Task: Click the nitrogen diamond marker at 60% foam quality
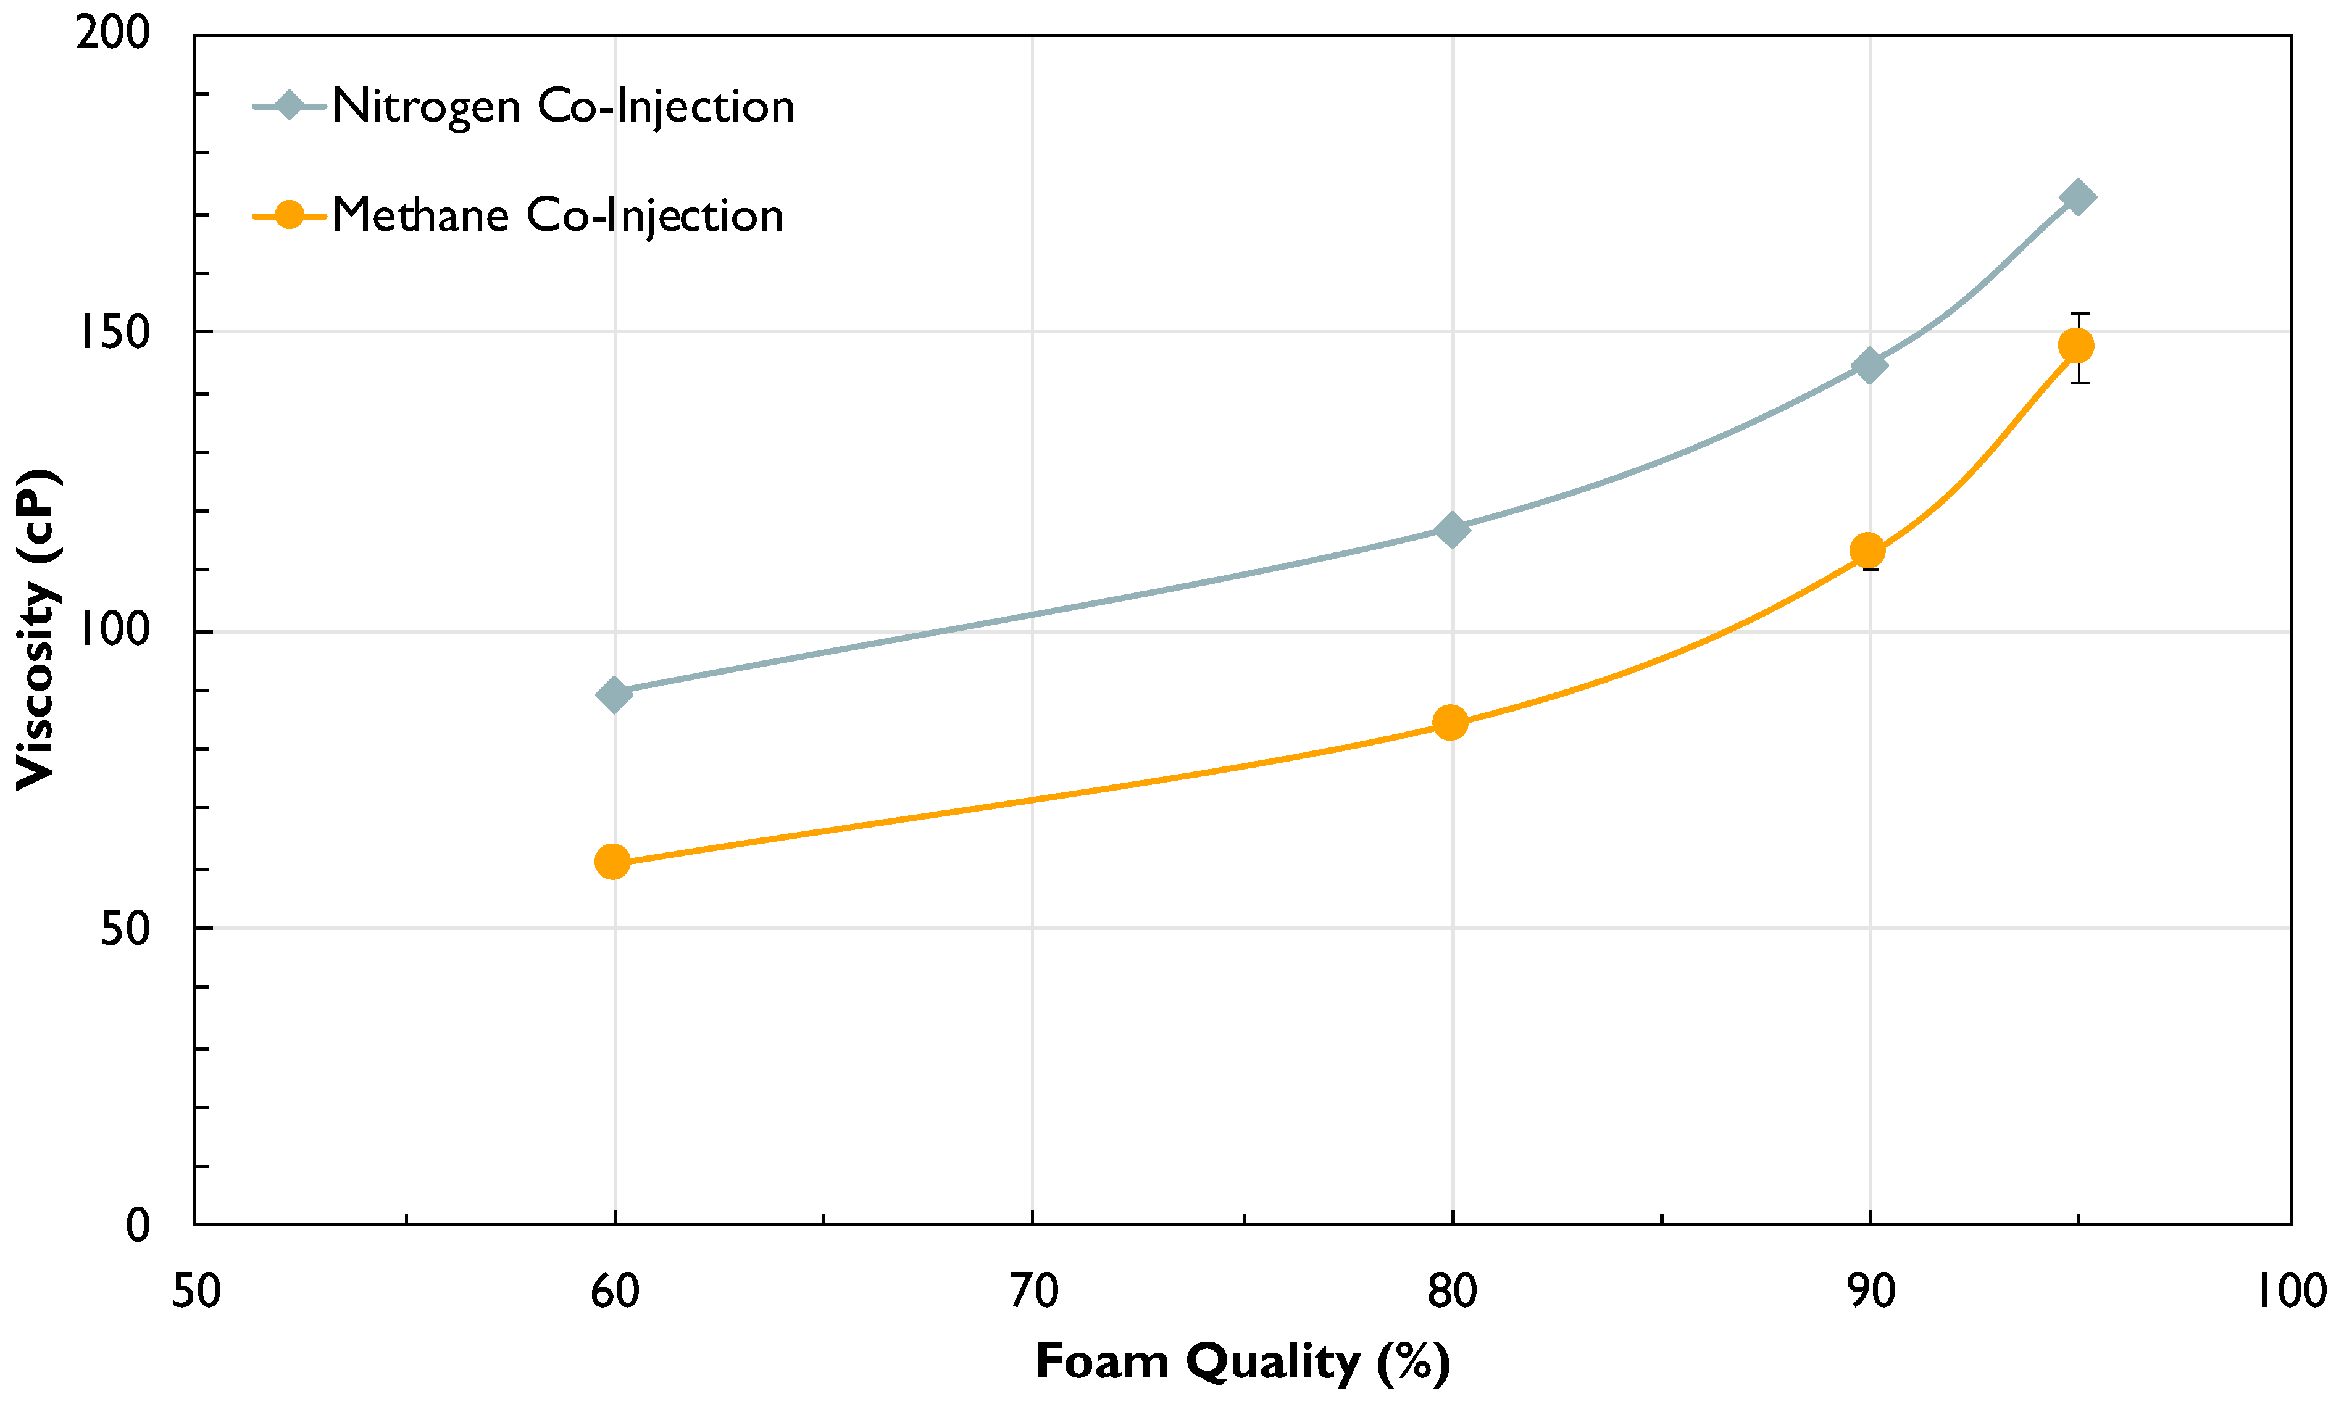[613, 694]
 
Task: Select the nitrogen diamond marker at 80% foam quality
[1451, 530]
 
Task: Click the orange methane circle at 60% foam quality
[612, 862]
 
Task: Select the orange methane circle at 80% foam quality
[1449, 723]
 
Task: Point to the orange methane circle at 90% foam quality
[1867, 550]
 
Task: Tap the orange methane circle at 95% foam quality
[2076, 346]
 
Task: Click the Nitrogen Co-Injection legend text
[563, 106]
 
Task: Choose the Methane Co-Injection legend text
[557, 216]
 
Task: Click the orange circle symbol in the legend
[290, 216]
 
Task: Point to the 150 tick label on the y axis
[114, 333]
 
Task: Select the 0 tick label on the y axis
[138, 1227]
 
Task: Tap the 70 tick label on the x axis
[1032, 1292]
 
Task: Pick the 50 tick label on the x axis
[196, 1292]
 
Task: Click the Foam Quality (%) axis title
[1243, 1363]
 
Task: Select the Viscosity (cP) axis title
[38, 629]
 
